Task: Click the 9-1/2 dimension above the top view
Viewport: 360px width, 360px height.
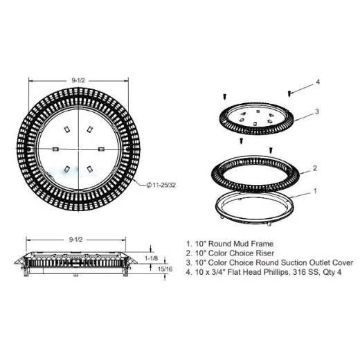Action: [x=78, y=80]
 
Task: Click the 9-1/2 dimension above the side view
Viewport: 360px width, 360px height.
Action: [x=75, y=240]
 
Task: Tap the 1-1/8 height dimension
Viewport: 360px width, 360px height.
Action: [x=151, y=258]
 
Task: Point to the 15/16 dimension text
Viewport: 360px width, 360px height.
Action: [x=165, y=269]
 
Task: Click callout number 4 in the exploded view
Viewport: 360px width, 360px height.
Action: [x=318, y=82]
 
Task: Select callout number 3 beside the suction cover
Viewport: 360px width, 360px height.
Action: [x=317, y=111]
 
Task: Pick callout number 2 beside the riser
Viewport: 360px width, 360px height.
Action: [x=315, y=168]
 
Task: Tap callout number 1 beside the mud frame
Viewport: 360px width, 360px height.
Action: [x=315, y=190]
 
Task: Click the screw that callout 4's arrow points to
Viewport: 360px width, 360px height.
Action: [x=289, y=93]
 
